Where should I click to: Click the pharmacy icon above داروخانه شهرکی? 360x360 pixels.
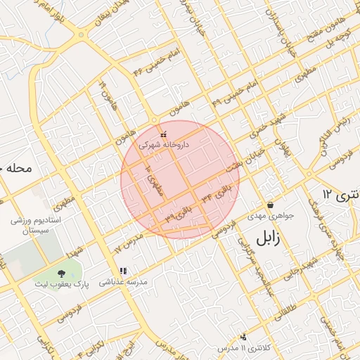(x=164, y=134)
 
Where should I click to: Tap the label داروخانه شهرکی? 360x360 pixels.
(x=164, y=144)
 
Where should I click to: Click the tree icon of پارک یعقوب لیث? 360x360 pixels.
(x=62, y=272)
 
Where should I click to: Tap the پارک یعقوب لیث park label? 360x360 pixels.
(x=62, y=284)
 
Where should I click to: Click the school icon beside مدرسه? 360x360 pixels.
(x=123, y=271)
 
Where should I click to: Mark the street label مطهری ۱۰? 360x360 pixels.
(x=152, y=181)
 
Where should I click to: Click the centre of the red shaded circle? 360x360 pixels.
(x=180, y=180)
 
